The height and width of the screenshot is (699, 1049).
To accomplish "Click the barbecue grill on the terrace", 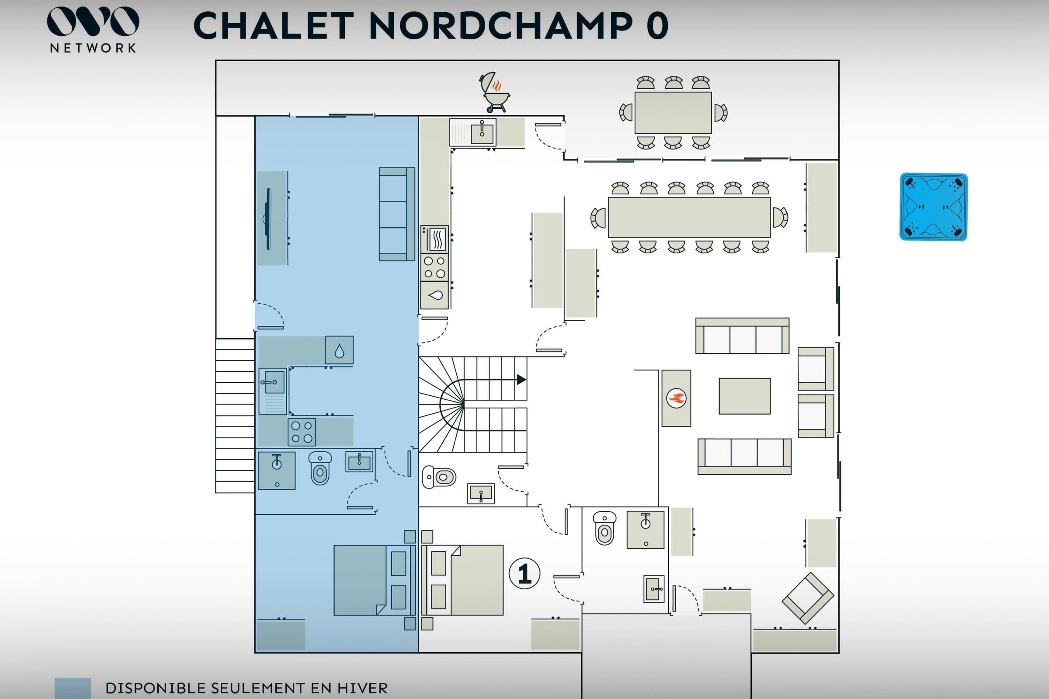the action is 494,93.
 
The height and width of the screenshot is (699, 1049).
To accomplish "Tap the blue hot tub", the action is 934,207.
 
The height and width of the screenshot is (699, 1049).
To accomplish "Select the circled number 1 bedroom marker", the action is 524,573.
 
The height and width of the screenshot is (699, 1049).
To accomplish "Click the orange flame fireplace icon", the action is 676,398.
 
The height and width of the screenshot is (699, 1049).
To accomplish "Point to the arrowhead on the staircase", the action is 521,380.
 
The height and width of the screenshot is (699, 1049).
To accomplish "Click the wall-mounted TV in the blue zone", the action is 268,219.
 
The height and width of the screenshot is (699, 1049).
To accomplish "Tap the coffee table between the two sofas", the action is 744,396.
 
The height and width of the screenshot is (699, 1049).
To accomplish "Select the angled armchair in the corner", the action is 808,598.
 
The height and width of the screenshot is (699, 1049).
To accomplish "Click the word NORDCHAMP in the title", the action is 501,25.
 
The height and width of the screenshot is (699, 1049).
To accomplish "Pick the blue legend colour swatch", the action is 73,688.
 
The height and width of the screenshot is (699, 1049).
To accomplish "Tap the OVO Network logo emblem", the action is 93,21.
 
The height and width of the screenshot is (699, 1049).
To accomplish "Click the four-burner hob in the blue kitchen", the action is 302,432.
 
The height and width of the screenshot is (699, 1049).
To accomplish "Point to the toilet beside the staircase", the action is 439,477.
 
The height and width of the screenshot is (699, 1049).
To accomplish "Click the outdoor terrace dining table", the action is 673,113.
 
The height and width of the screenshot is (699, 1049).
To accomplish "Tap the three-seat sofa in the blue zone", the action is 397,214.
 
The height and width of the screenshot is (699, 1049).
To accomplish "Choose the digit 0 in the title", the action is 657,25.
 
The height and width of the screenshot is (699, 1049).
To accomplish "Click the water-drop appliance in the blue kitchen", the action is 340,350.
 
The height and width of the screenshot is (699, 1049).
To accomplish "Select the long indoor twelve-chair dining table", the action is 689,218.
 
